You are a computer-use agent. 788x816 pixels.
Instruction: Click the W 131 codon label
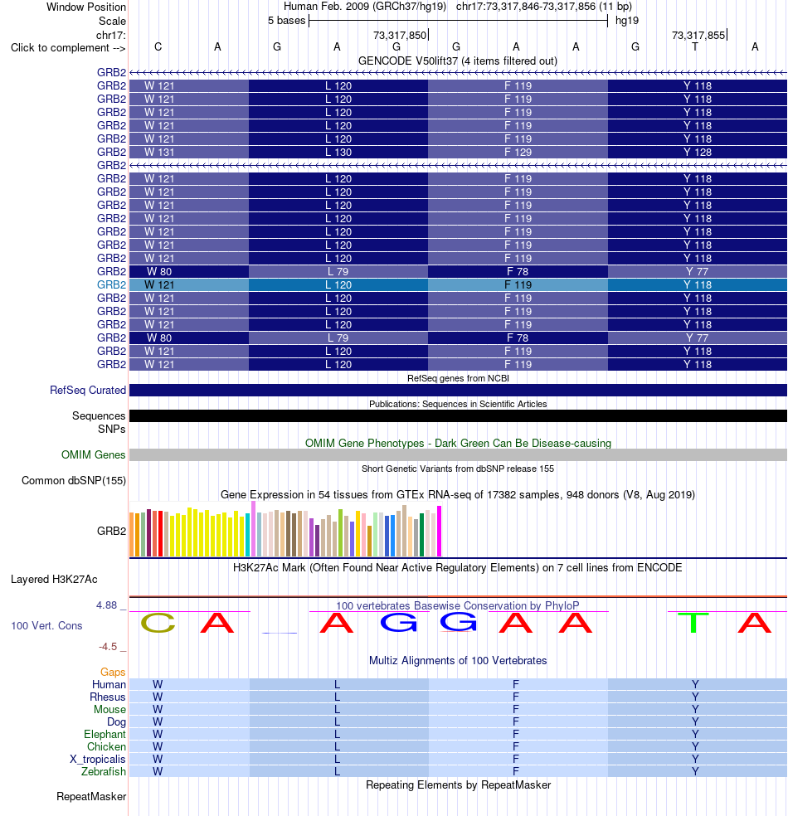coord(159,152)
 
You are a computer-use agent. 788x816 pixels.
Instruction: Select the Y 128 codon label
coord(698,152)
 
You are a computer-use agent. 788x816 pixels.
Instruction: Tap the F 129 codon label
coord(518,152)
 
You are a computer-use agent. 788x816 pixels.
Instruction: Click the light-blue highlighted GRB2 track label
coord(111,284)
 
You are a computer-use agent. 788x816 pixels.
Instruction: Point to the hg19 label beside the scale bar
coord(626,20)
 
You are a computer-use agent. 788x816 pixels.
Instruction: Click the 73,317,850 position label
coord(400,35)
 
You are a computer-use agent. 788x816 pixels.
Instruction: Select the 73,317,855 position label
coord(698,35)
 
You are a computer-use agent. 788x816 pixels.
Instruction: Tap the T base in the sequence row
coord(695,46)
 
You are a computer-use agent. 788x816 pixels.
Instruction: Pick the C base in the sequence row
coord(158,46)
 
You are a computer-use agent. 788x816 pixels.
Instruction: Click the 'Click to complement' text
coord(61,48)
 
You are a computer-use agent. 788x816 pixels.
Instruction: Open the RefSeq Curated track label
coord(88,391)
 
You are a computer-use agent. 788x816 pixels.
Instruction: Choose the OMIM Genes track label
coord(94,454)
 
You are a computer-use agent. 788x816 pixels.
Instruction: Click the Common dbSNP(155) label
coord(74,480)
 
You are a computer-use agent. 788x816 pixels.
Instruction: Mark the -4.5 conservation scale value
coord(109,646)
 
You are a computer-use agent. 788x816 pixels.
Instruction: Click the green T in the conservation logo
coord(693,623)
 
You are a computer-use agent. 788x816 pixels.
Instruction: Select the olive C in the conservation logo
coord(158,623)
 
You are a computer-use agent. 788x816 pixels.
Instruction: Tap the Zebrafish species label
coord(104,771)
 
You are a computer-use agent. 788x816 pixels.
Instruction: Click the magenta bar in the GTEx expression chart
coord(440,531)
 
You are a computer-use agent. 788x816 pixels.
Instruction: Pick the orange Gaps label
coord(113,672)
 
